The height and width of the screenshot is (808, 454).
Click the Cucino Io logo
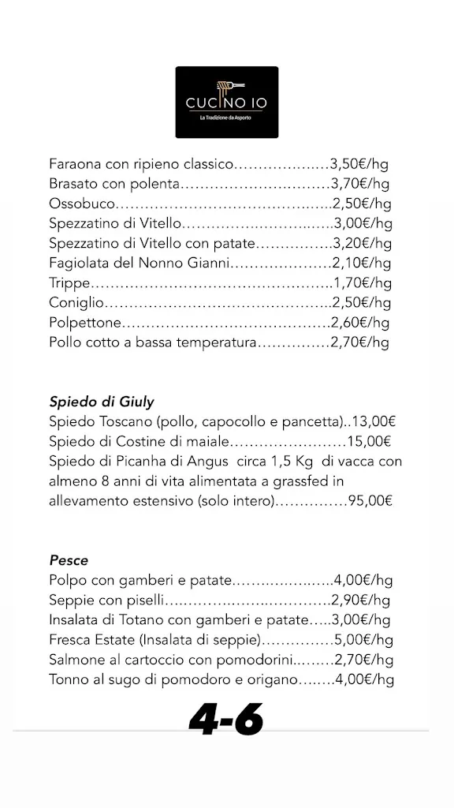click(226, 102)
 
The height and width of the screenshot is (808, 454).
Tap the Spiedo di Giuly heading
click(102, 402)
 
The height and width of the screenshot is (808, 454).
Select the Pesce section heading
click(69, 560)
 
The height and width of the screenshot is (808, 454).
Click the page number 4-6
click(225, 720)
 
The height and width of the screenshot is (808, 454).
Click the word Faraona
click(76, 165)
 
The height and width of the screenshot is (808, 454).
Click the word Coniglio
click(76, 303)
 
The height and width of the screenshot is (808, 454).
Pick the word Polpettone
click(85, 323)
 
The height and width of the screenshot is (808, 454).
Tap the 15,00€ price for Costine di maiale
click(370, 442)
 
